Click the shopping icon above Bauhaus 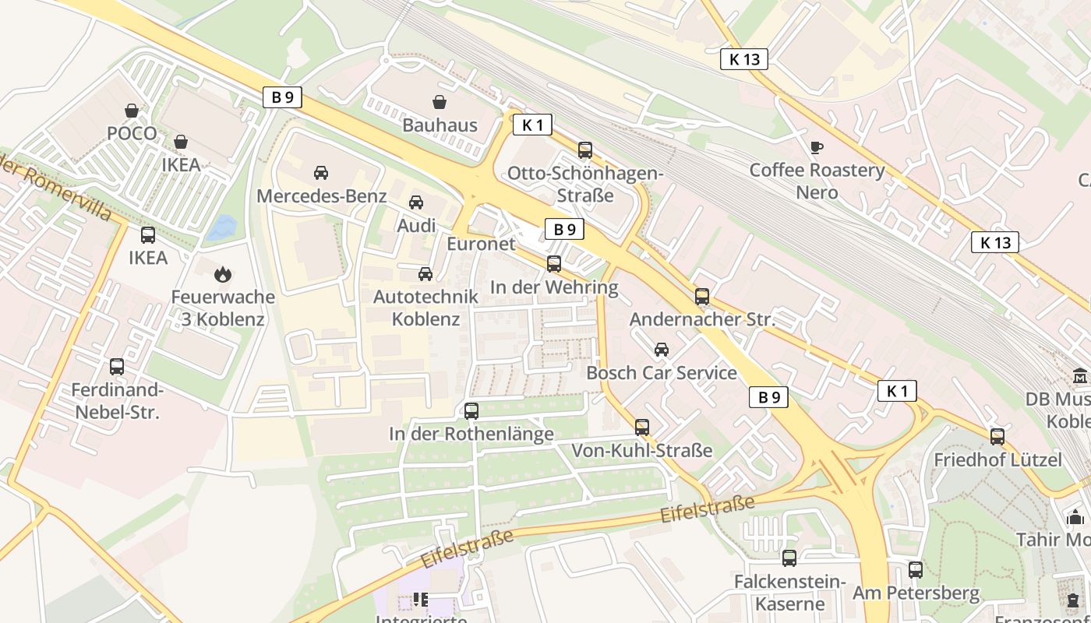point(440,102)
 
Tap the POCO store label point(132,133)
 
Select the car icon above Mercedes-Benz point(321,173)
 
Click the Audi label point(416,225)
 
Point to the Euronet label point(481,244)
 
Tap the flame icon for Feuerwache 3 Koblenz point(223,274)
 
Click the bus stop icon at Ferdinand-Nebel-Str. point(117,366)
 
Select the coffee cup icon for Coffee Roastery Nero point(817,147)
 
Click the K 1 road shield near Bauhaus point(532,125)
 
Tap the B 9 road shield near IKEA point(281,97)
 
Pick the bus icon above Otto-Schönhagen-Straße point(585,150)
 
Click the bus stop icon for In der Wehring point(554,264)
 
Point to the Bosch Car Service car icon point(662,350)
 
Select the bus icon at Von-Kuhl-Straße point(642,427)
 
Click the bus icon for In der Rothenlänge point(471,410)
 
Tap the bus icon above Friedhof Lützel point(997,436)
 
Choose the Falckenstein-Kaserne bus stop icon point(789,558)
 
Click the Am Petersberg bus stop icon point(916,570)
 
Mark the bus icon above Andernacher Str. point(702,296)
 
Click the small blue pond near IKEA point(222,227)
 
